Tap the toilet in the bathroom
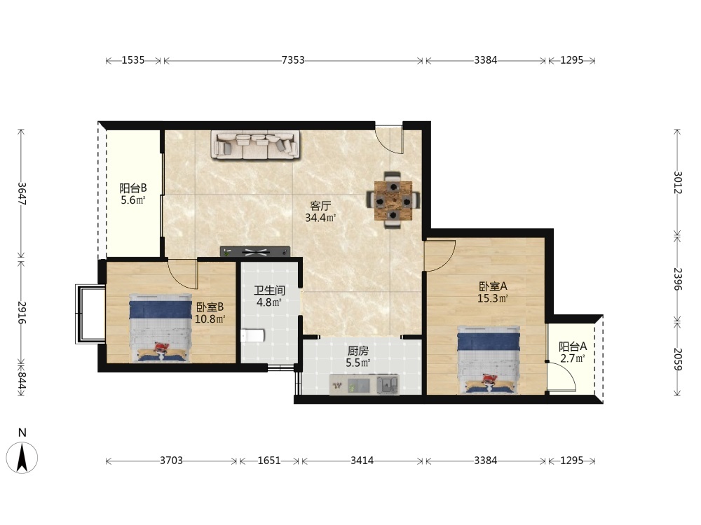(x=253, y=335)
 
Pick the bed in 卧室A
(x=489, y=360)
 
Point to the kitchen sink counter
(x=364, y=385)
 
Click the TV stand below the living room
(x=255, y=252)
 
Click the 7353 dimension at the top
(x=293, y=60)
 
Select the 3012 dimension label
(x=677, y=182)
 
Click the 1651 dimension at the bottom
(x=269, y=461)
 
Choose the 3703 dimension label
(x=171, y=461)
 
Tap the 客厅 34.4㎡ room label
(x=320, y=212)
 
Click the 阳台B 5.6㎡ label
(x=132, y=194)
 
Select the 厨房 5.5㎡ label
(x=358, y=357)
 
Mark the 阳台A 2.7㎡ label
(x=573, y=352)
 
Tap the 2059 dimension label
(x=677, y=359)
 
